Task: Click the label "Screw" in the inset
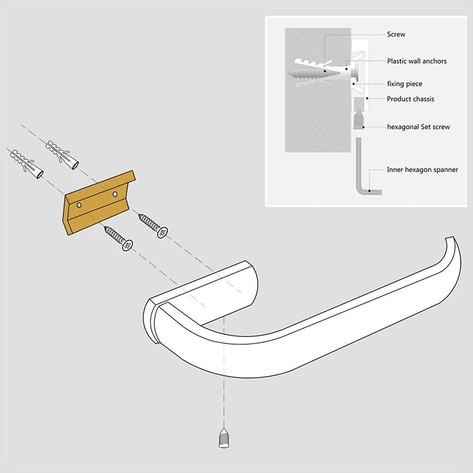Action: click(396, 35)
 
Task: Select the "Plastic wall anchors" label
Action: click(416, 61)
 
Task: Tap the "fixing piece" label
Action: click(404, 84)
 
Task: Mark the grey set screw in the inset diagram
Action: click(359, 119)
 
